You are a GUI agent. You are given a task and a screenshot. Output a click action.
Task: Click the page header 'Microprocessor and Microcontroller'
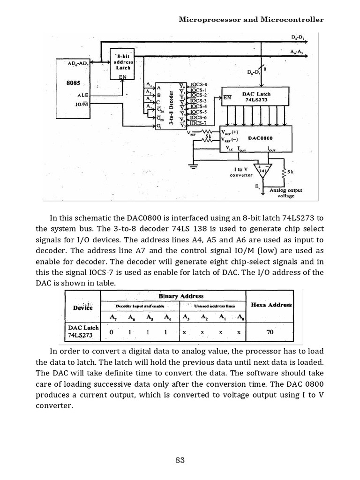click(252, 20)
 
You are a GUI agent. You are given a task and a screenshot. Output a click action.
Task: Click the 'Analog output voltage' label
click(285, 193)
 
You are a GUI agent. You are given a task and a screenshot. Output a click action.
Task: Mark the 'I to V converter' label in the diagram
click(241, 172)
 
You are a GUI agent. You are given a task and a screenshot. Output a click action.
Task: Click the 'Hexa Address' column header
click(271, 305)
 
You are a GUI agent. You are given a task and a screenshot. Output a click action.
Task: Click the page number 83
click(180, 460)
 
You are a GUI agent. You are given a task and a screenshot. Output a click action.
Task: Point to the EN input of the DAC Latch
click(227, 98)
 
